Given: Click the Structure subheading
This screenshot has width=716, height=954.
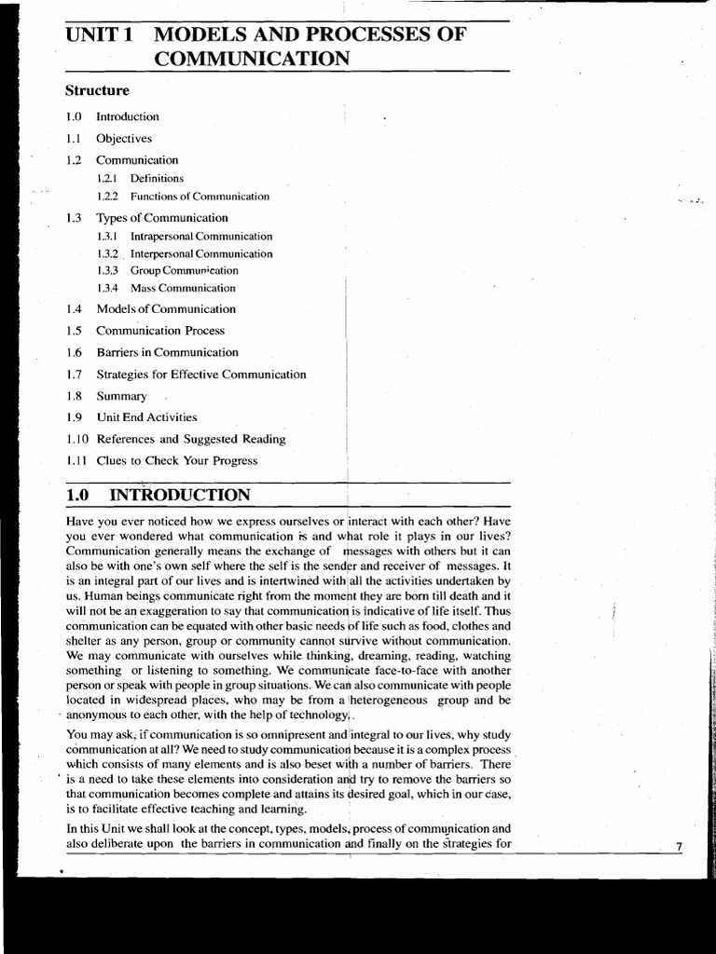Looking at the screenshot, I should [x=97, y=90].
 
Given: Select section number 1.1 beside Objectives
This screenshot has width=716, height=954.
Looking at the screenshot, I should [x=75, y=138].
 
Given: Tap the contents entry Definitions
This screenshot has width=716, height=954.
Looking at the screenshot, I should [x=157, y=178].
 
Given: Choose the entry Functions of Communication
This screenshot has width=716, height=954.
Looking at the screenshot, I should [x=200, y=197].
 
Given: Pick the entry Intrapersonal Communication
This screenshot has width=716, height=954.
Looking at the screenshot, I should [x=201, y=237].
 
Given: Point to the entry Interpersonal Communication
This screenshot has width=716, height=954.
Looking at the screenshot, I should [x=201, y=253].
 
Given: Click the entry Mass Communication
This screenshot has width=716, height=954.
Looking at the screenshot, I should [x=183, y=288].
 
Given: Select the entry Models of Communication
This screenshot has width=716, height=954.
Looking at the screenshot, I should [x=166, y=309].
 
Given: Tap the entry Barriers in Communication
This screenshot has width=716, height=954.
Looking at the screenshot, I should [x=167, y=352].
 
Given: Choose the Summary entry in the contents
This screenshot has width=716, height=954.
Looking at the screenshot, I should [x=121, y=396].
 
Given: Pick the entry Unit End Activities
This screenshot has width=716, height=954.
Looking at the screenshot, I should [x=146, y=417].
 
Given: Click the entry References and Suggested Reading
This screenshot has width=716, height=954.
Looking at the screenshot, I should [x=190, y=439].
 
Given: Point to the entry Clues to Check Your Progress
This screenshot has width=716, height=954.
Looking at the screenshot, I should [x=176, y=460].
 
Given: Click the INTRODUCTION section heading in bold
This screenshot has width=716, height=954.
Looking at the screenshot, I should [x=179, y=495].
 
